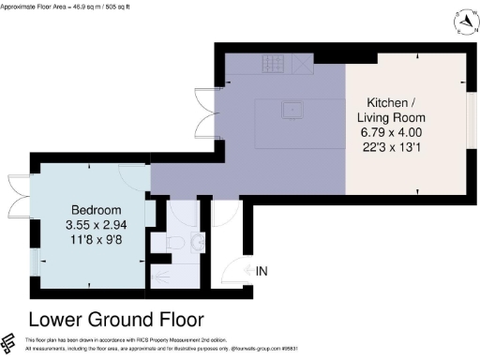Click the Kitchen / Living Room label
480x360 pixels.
[396, 110]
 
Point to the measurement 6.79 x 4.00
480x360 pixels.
[396, 134]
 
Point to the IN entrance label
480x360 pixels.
[263, 272]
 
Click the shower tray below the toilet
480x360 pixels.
[173, 276]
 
